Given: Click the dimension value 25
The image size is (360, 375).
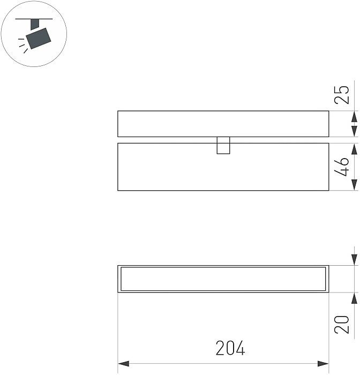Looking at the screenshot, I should point(343,94).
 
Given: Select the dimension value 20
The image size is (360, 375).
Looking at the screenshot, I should point(343,324).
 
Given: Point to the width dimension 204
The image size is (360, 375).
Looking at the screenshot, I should point(230,349).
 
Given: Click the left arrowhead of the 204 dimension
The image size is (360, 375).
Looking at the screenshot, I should point(123,364).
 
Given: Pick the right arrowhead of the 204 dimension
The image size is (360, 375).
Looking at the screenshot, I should point(323,364).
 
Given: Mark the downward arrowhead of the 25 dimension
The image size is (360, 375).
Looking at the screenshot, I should point(354,117).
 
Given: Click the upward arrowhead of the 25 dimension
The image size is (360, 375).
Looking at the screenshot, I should point(354,131).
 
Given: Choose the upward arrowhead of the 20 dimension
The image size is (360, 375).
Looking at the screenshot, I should point(354,298).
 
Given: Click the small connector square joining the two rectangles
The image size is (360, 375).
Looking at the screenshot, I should point(223,145).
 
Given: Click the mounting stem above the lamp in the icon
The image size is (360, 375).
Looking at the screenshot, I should point(35,24).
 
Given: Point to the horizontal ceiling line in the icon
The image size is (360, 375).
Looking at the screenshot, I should point(34,19).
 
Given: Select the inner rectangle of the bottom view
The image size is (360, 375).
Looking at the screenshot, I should point(223,279).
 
